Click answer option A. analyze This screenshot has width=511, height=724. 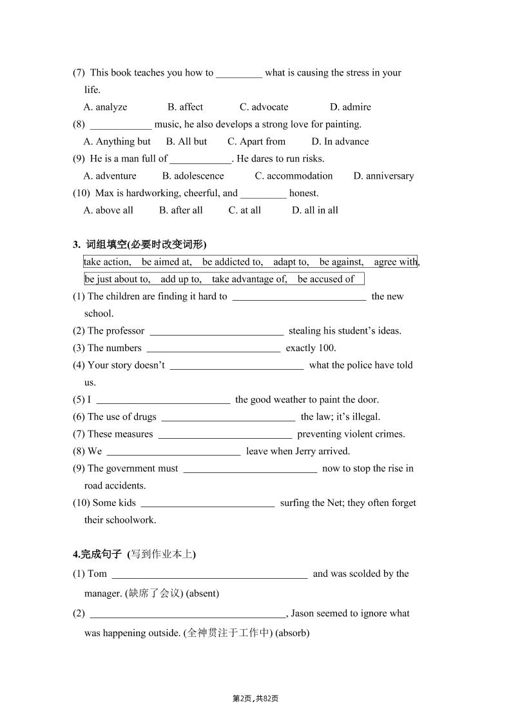(x=106, y=107)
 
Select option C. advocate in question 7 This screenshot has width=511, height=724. (x=264, y=107)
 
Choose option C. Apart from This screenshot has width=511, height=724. (x=256, y=141)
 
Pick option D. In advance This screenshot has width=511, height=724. (x=340, y=141)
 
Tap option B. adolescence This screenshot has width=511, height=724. (x=193, y=176)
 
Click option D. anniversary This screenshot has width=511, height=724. (x=383, y=176)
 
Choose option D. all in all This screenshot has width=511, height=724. (x=314, y=210)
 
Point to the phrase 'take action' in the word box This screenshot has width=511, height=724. (x=107, y=262)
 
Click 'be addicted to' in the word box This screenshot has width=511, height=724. (x=232, y=262)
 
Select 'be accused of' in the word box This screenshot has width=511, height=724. (x=325, y=279)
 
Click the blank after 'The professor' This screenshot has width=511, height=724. (x=217, y=332)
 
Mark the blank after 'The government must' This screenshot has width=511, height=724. (x=250, y=469)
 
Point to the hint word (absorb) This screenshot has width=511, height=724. (x=293, y=633)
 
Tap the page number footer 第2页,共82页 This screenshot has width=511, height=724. (x=255, y=698)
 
